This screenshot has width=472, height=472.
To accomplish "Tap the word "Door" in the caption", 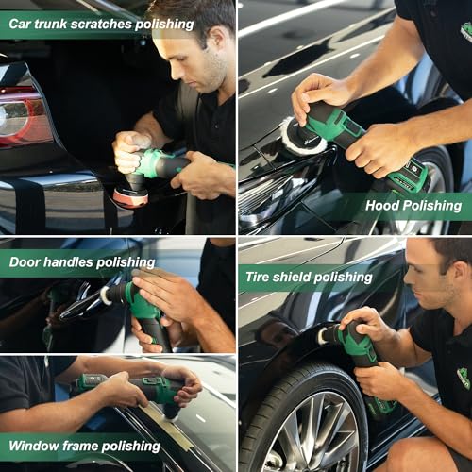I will click(25, 261).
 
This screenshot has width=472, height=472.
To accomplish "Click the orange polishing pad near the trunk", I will click(129, 196).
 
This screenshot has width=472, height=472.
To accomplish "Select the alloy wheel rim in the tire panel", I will click(300, 430).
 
